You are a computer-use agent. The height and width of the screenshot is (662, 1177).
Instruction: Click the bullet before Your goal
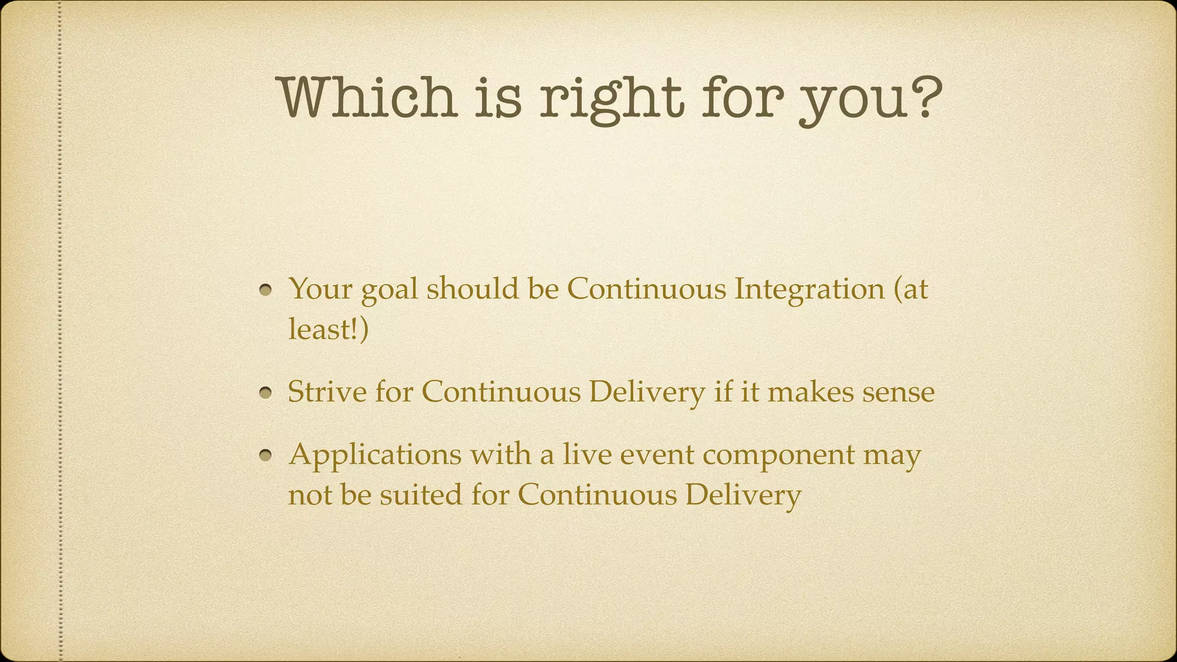265,290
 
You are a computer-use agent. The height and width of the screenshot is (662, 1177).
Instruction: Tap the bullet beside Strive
265,394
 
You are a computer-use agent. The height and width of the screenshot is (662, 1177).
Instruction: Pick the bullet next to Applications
265,456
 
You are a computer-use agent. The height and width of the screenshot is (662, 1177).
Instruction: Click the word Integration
809,289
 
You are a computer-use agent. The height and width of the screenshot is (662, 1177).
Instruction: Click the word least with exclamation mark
328,329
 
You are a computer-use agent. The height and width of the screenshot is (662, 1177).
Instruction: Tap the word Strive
326,392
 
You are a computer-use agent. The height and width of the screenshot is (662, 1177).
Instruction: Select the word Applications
375,455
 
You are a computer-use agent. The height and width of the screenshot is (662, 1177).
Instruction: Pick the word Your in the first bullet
321,288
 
